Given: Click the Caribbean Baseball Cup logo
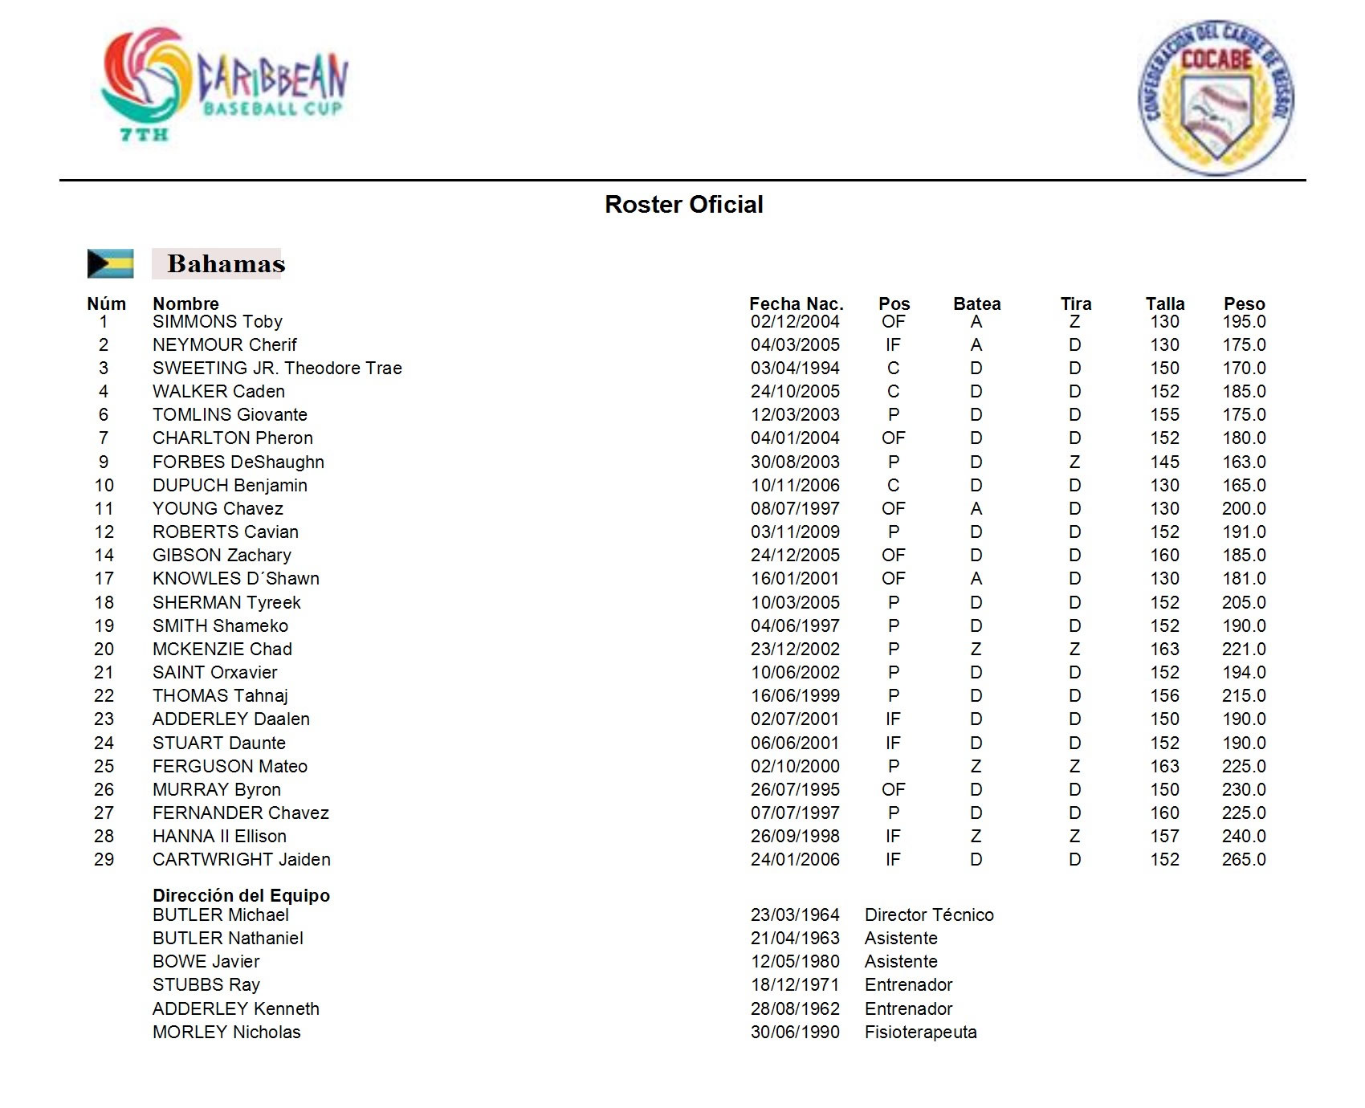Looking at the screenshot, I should (x=225, y=84).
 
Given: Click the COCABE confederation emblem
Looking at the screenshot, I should (x=1216, y=97).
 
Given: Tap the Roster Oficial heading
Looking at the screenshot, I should (x=683, y=205).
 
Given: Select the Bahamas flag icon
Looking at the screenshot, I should (x=110, y=263).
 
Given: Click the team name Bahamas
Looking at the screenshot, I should (x=226, y=263).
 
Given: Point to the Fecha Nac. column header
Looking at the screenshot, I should (x=796, y=303).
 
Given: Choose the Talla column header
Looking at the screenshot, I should (x=1164, y=303).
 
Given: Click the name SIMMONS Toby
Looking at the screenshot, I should (x=218, y=322).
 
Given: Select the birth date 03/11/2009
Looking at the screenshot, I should (x=795, y=532).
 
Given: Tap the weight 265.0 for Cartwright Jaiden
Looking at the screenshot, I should (x=1244, y=860).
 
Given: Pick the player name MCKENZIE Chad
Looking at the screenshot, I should (x=222, y=650).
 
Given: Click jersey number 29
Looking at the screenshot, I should (x=104, y=860).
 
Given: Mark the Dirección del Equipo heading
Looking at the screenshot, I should (x=241, y=895).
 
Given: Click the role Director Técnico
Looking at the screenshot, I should (x=929, y=915).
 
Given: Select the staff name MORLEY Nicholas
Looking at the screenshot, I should (x=226, y=1033).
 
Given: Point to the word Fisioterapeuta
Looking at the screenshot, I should (x=920, y=1033).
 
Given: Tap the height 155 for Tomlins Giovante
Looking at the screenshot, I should (x=1164, y=415).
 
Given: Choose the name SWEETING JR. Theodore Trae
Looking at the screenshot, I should (x=277, y=369).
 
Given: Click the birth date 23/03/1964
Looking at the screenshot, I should (x=795, y=915).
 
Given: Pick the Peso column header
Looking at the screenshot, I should (x=1244, y=303).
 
